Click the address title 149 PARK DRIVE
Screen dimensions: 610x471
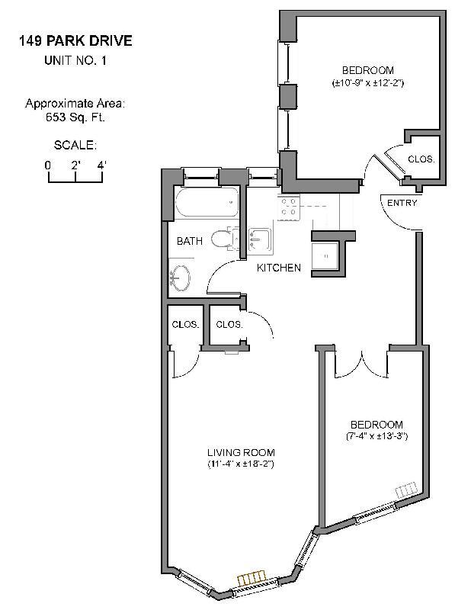click(x=75, y=41)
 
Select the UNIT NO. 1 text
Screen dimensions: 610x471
click(x=75, y=61)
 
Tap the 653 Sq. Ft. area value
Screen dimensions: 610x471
click(x=75, y=117)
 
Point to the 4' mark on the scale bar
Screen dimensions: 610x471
click(x=101, y=165)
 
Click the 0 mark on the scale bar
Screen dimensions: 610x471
click(x=48, y=165)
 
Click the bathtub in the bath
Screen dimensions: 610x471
click(x=207, y=204)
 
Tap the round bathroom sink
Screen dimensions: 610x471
click(x=183, y=278)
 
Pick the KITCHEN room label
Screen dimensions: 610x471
click(x=278, y=268)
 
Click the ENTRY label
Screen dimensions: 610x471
click(x=402, y=203)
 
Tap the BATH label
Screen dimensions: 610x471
click(x=190, y=241)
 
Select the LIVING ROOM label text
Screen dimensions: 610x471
click(x=240, y=451)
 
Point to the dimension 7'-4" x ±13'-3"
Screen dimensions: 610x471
click(x=376, y=437)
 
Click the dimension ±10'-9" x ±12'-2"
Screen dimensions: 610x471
click(x=367, y=82)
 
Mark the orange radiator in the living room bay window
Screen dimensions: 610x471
click(x=252, y=580)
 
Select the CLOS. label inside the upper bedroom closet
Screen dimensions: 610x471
click(x=421, y=159)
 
